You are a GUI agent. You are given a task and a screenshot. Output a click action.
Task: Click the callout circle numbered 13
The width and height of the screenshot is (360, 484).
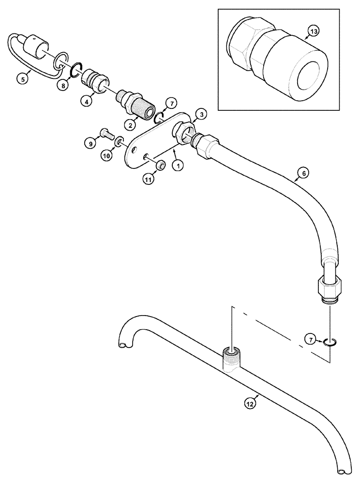pyautogui.click(x=314, y=32)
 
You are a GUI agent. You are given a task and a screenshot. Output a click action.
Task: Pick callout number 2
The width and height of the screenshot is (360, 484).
pyautogui.click(x=129, y=125)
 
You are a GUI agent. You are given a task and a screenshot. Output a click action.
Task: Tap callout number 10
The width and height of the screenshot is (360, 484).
pyautogui.click(x=105, y=155)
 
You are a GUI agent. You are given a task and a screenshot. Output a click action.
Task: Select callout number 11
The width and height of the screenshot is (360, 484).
pyautogui.click(x=147, y=180)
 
